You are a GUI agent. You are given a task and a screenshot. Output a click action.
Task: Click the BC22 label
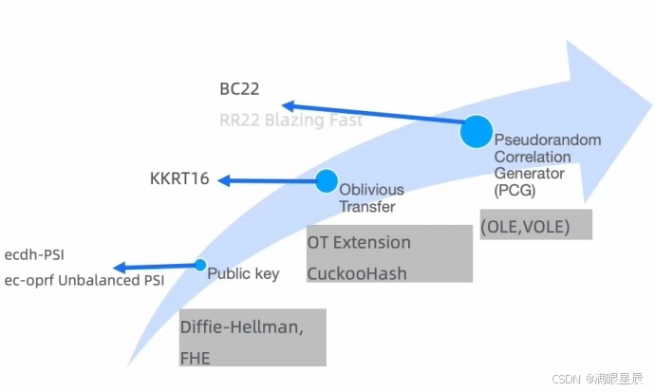click(x=238, y=90)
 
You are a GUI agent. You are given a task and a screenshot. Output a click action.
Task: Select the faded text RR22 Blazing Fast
click(x=290, y=121)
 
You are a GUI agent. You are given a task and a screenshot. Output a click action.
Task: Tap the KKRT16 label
click(x=179, y=178)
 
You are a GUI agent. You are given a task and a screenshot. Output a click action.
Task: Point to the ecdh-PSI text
click(x=34, y=254)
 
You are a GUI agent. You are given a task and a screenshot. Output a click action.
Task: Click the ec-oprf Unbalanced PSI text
click(x=84, y=280)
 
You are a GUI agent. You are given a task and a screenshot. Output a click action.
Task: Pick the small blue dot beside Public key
click(x=200, y=266)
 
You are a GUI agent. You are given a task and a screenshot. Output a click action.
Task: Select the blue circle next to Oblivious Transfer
click(x=327, y=180)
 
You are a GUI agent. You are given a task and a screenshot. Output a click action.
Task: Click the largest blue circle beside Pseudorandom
click(x=476, y=131)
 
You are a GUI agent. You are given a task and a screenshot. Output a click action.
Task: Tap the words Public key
click(x=243, y=274)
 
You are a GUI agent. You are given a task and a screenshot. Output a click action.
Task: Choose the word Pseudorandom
click(x=547, y=140)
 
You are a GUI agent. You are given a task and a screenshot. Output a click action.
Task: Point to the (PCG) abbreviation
click(x=515, y=190)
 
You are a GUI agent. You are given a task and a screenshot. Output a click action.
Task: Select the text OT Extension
click(x=359, y=243)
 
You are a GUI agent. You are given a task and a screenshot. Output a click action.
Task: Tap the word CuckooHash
click(x=357, y=273)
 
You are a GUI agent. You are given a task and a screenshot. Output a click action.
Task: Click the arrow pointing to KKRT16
click(x=266, y=179)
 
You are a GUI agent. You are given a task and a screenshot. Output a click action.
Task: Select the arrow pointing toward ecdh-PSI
click(x=155, y=268)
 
